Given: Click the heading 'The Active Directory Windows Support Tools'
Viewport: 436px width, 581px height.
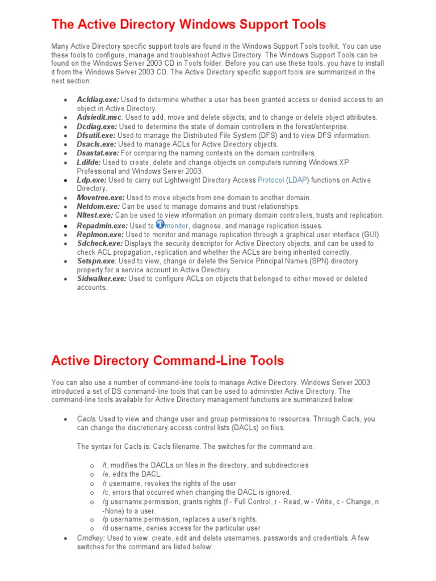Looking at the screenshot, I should pos(188,24).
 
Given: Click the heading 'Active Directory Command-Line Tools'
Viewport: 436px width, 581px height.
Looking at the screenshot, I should pos(167,360).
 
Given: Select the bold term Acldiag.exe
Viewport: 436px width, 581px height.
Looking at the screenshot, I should pos(98,99).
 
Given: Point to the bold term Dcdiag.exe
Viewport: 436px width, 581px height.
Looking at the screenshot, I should pos(97,127).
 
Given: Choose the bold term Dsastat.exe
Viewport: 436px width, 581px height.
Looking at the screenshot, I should pos(98,153).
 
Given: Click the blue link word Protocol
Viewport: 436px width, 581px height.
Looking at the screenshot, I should pos(271,180).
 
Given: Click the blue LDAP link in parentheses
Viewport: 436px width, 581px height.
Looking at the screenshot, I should pos(296,180).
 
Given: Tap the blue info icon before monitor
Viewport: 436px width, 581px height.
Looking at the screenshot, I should pos(160,224).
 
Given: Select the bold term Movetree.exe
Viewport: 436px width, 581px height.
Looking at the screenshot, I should pos(100,197).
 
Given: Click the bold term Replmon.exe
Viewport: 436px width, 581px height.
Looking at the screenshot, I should pos(100,234).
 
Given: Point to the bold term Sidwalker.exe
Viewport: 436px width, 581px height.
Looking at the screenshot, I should pos(102,279).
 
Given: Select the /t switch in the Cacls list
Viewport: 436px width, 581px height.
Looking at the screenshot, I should pos(104,465).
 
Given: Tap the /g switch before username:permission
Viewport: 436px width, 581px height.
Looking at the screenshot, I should pos(105,502).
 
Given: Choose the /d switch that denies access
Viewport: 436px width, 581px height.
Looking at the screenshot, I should pos(105,528).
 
